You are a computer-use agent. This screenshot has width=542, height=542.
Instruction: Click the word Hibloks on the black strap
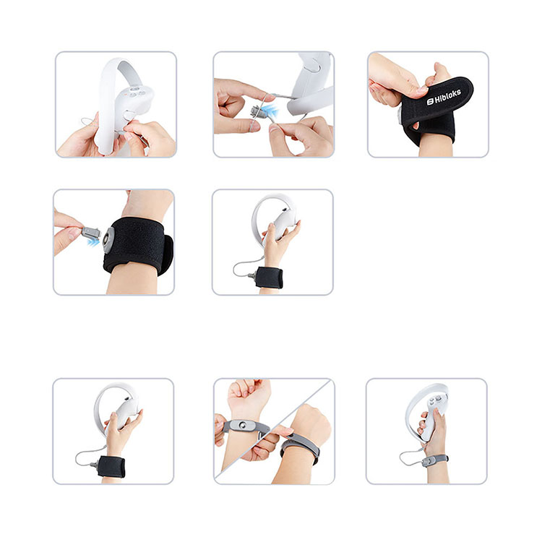447,96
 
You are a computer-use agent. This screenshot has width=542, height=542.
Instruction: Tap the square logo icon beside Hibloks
430,101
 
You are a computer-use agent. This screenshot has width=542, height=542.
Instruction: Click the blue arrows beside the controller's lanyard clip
270,111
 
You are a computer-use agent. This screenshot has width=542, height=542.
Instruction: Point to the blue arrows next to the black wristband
93,242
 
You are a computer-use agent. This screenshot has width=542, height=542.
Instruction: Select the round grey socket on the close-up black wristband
108,240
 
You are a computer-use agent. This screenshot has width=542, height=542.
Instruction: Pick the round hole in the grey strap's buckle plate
243,424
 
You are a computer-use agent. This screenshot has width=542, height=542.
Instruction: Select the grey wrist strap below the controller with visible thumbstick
435,460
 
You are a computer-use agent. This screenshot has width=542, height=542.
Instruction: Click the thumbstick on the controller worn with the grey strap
432,402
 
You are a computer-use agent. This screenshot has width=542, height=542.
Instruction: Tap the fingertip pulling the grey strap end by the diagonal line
288,431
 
